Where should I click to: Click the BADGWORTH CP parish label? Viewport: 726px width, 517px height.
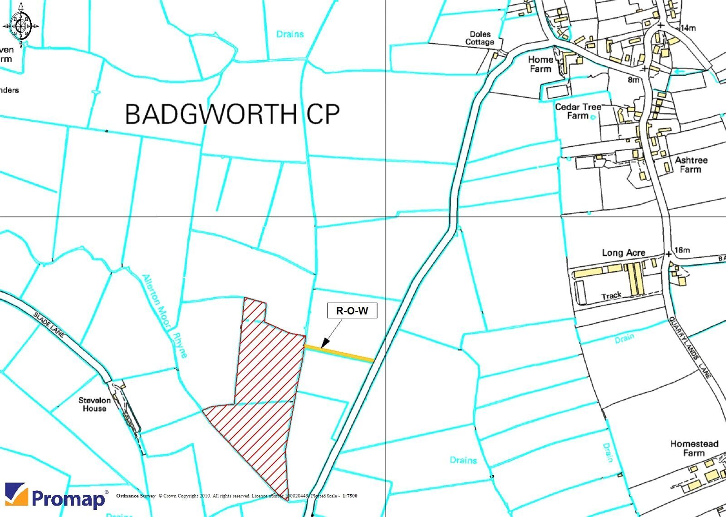coord(232,113)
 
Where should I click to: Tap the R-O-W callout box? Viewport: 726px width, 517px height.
coord(352,311)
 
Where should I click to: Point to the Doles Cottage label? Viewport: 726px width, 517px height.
coord(480,38)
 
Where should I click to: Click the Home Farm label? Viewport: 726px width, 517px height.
coord(540,64)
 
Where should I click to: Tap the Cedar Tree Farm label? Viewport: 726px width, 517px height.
coord(578,111)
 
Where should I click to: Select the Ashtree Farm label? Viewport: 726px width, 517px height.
coord(691,165)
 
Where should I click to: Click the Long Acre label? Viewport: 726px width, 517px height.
coord(623,253)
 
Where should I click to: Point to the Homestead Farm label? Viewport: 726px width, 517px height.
coord(694,448)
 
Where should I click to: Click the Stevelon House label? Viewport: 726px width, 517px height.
coord(94,404)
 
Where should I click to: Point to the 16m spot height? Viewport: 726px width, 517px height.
coord(682,250)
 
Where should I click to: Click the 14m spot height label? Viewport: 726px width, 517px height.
coord(688,28)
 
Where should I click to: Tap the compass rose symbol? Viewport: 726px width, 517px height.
coord(20,25)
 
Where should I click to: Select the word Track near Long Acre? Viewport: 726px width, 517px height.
coord(611,296)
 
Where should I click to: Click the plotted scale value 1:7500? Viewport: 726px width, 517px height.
coord(350,496)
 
